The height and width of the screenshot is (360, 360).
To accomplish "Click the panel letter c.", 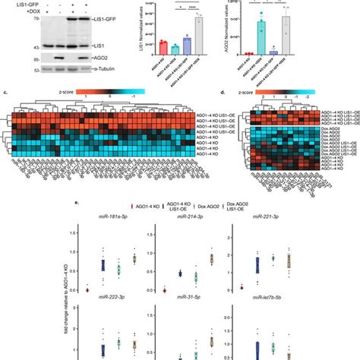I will (x=6, y=92).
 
